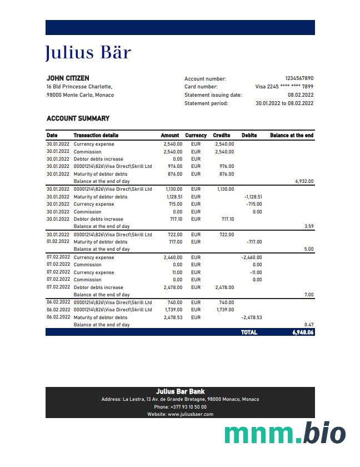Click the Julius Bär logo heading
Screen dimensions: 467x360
88,53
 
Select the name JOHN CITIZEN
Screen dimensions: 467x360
68,78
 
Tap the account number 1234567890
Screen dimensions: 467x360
299,79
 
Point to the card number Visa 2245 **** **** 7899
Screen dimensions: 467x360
284,87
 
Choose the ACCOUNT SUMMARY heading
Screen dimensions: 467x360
78,118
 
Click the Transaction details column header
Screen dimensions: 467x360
96,135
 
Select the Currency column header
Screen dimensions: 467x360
196,135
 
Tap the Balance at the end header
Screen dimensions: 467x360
292,135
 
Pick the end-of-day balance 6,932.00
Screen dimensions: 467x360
304,181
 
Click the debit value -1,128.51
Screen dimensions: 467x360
253,197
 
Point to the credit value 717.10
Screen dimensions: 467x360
228,219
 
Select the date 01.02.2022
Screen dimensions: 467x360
58,242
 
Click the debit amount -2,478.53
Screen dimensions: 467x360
252,317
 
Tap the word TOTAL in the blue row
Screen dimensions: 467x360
249,332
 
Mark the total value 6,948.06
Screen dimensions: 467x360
303,332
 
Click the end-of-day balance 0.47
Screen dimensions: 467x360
309,325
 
